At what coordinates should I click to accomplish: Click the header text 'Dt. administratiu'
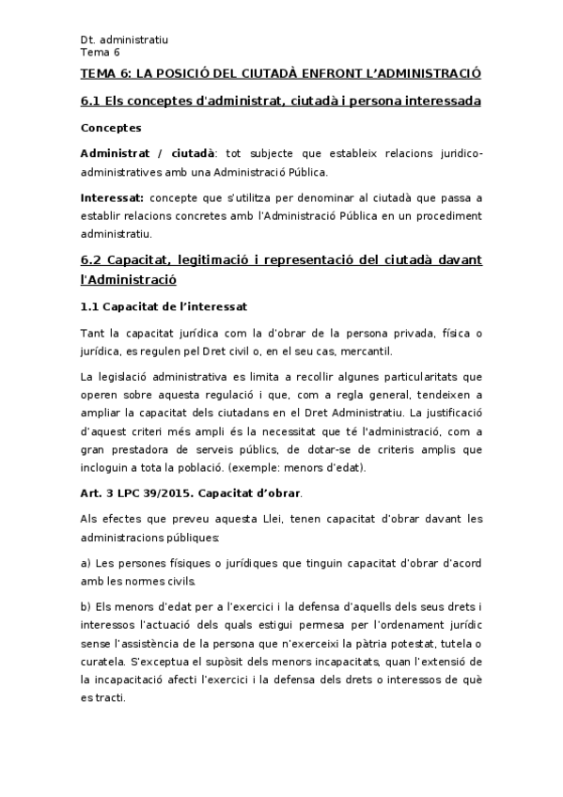[x=124, y=39]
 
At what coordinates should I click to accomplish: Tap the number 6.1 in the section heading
[x=92, y=101]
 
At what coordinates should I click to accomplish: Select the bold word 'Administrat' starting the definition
[x=118, y=152]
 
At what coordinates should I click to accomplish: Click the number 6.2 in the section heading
[x=92, y=259]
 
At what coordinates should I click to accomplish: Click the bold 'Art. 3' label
[x=98, y=492]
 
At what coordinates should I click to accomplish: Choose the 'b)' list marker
[x=86, y=605]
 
